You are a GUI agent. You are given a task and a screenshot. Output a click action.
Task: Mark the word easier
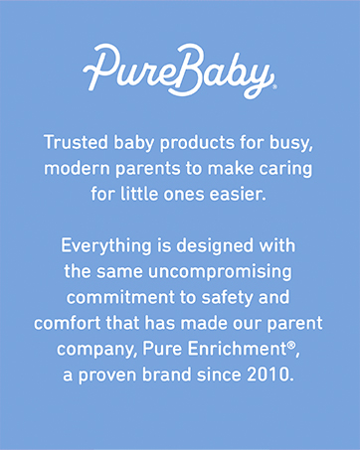(x=240, y=193)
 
